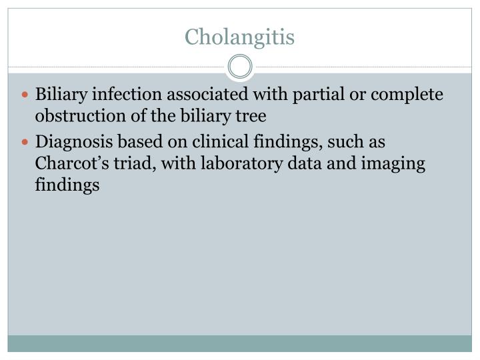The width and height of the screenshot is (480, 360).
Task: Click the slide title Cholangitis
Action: point(240,36)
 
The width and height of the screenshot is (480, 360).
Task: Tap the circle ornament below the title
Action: point(240,67)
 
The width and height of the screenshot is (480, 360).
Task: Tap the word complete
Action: point(407,95)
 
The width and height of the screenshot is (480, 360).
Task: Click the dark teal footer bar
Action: point(240,343)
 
